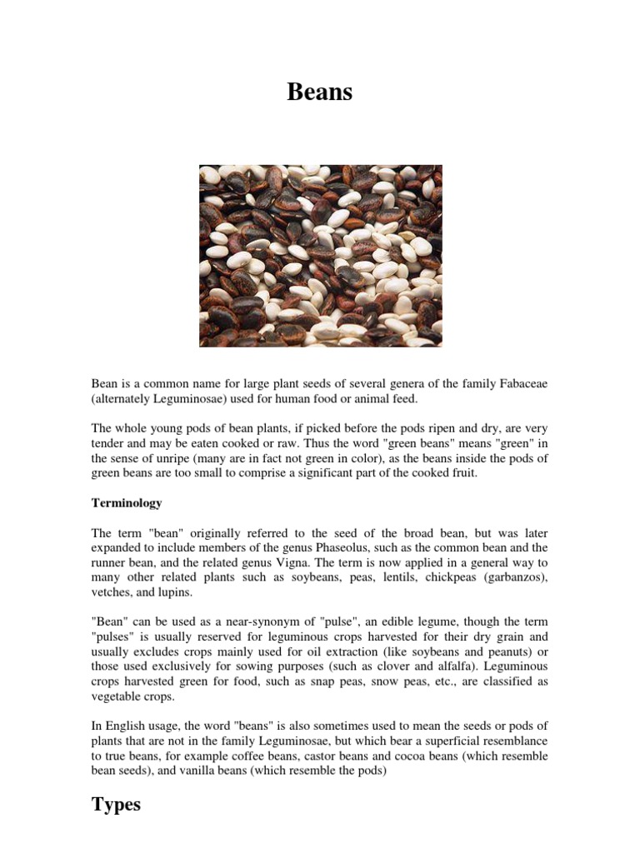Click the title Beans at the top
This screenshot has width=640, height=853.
point(320,92)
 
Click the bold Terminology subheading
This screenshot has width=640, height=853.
point(127,503)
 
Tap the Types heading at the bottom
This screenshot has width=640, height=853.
point(116,805)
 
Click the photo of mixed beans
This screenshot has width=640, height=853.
point(320,256)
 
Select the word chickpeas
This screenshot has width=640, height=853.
point(451,577)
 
